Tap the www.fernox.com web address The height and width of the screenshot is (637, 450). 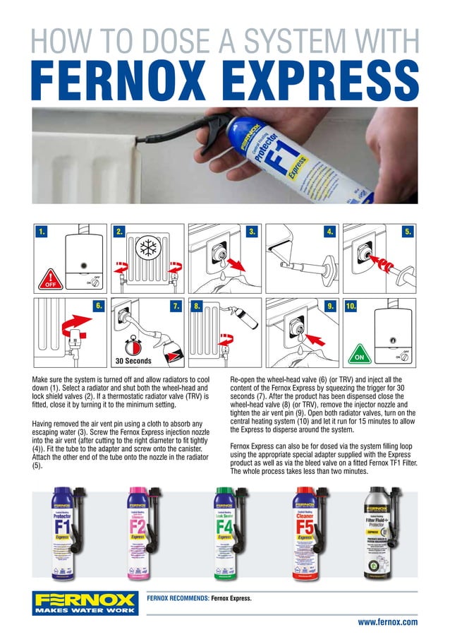[387, 621]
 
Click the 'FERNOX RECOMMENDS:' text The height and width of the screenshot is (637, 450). [173, 598]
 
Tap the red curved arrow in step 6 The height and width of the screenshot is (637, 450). [71, 325]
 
